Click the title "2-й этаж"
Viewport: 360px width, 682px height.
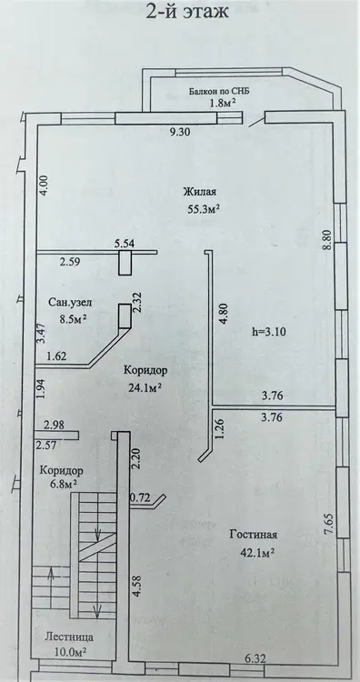(187, 11)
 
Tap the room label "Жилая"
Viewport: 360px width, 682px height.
(200, 192)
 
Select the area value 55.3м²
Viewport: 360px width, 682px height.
(203, 209)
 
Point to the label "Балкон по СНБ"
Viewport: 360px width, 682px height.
(219, 91)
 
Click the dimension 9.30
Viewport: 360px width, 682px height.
(180, 133)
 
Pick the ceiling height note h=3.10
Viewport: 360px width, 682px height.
(268, 331)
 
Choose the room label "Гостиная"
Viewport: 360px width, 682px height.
(254, 535)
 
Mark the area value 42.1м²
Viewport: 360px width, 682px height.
(257, 552)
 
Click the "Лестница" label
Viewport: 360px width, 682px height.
(69, 637)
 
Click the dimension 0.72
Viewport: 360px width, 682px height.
(140, 497)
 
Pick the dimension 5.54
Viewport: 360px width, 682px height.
(125, 245)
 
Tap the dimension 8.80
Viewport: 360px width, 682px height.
(328, 240)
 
